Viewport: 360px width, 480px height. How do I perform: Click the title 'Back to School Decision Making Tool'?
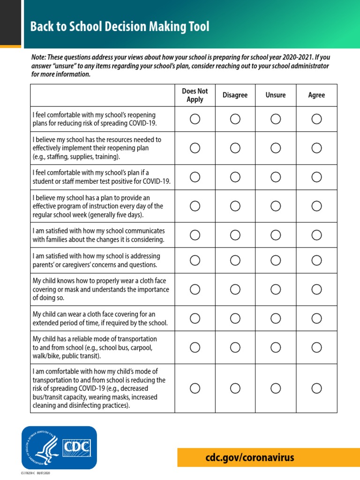click(x=120, y=27)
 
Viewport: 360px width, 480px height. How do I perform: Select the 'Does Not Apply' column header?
click(x=195, y=95)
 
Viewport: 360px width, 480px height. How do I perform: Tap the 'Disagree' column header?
click(x=235, y=95)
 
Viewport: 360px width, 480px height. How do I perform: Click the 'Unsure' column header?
click(x=276, y=95)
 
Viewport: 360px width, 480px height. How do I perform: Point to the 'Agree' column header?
click(x=316, y=95)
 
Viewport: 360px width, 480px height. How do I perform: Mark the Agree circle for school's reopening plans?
click(x=316, y=119)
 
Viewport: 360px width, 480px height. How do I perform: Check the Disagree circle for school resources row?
click(x=235, y=148)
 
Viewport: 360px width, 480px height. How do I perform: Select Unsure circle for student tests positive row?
click(x=276, y=177)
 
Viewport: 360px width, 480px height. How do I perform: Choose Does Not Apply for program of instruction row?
click(x=195, y=206)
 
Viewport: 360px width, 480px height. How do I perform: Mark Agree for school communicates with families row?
click(x=316, y=235)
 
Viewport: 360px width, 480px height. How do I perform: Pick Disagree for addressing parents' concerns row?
click(x=235, y=260)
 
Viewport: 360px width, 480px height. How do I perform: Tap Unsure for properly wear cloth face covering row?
click(x=276, y=289)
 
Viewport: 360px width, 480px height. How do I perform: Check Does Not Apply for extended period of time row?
click(x=195, y=318)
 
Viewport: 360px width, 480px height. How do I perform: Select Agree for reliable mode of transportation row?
click(x=316, y=347)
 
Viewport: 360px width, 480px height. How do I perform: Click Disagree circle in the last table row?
click(x=235, y=388)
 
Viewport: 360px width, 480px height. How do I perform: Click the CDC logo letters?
click(x=77, y=447)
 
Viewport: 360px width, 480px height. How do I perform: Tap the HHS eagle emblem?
click(x=41, y=447)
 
